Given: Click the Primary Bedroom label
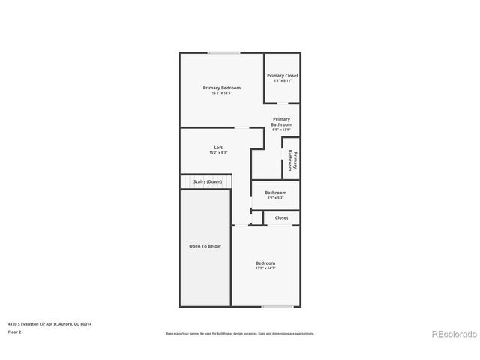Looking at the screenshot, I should coord(221,88).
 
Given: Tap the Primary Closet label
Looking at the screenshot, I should coord(283,76).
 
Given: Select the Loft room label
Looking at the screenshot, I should coord(218,147).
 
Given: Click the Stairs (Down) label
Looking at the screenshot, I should coord(208,181).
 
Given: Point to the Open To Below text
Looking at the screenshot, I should coord(205,245).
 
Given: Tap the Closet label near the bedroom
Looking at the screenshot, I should coord(281,217).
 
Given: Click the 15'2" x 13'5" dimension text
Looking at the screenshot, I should coord(221,93).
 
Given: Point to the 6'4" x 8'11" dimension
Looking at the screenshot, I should coord(283,81).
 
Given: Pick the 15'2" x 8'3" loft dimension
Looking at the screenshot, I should coord(218,152).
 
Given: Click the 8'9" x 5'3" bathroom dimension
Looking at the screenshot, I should coord(275,198).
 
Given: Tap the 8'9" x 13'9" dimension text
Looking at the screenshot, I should coord(281,130).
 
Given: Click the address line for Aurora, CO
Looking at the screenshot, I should coord(55,323).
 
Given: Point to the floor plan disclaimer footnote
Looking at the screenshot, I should coord(240,333).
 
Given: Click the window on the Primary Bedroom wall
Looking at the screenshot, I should coord(224,52).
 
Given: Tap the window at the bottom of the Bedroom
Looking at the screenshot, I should coord(277,306).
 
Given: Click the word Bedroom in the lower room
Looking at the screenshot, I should coord(265,262).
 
